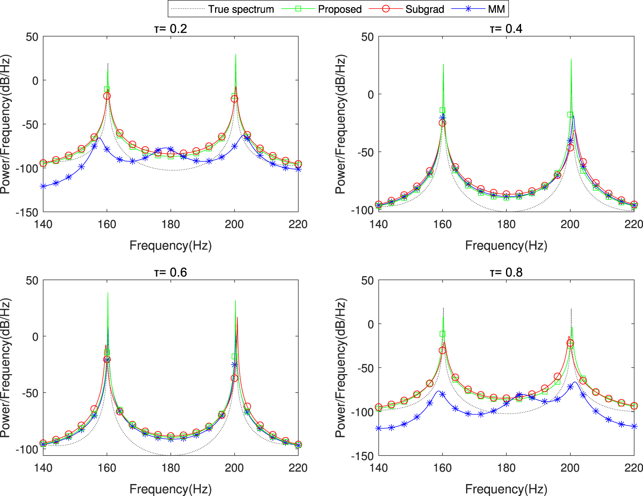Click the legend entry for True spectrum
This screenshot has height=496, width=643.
[241, 9]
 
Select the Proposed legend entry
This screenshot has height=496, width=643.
[339, 9]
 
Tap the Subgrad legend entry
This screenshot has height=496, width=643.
[424, 9]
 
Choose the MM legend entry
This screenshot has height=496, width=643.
[496, 9]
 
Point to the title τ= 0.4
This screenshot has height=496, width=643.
[506, 29]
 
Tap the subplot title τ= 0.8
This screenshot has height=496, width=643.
[506, 272]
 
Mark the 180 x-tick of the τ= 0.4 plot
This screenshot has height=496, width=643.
[506, 224]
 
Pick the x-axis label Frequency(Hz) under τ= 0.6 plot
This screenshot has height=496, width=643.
[170, 489]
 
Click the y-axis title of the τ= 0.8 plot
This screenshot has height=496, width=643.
[340, 368]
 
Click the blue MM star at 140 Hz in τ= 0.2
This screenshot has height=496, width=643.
[43, 187]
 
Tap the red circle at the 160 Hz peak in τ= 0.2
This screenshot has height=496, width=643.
[107, 96]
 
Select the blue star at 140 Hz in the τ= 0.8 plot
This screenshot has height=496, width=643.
[379, 428]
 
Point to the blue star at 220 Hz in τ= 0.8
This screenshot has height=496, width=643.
[634, 426]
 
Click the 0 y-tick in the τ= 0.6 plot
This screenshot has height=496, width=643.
[35, 336]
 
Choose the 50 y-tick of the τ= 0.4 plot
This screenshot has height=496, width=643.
[367, 37]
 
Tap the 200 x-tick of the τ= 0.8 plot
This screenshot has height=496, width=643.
[570, 468]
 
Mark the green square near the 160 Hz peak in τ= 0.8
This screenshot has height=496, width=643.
[442, 334]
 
